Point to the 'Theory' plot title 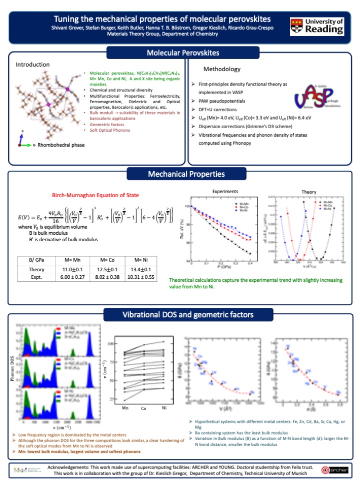point(308,191)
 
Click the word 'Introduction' point(32,65)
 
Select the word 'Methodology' point(222,69)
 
